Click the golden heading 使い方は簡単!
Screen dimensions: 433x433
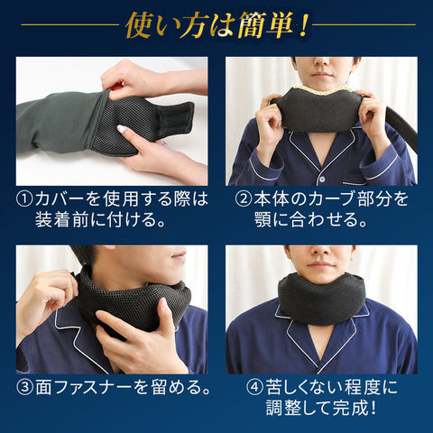point(217,26)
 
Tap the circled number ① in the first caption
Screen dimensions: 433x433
point(24,199)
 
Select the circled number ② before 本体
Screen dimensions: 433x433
point(243,199)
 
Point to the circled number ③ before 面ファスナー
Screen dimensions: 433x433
point(24,388)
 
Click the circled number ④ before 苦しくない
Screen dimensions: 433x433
point(254,388)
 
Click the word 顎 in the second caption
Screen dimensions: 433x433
point(263,220)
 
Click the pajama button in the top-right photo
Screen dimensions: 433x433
point(322,180)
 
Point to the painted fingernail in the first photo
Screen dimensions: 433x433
point(122,129)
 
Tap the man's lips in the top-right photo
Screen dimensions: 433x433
point(321,75)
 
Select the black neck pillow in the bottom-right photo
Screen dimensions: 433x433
point(321,299)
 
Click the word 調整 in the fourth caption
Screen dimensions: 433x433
point(283,409)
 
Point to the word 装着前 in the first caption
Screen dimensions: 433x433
point(61,220)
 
